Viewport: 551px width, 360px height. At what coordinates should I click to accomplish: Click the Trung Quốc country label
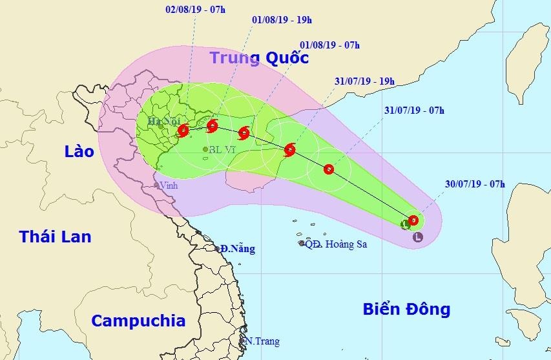259,58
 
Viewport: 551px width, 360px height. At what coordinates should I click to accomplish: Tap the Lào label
79,152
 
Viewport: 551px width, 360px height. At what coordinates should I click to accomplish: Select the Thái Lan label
55,237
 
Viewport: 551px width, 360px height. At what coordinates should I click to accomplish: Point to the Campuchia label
138,321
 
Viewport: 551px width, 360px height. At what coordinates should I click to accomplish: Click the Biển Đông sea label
405,310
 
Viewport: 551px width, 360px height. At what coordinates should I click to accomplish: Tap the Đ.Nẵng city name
237,248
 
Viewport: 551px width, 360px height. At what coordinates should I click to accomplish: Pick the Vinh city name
170,185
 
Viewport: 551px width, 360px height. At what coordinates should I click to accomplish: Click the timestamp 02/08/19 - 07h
191,11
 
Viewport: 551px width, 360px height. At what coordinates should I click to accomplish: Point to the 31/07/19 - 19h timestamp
365,81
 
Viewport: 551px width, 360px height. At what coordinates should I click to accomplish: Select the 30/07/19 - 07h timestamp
475,184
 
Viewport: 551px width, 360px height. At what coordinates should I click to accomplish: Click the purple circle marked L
418,237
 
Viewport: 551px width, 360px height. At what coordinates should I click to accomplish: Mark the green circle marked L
406,225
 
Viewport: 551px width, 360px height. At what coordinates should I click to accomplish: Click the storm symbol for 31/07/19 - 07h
329,169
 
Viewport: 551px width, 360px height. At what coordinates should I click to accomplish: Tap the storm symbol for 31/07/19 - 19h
289,150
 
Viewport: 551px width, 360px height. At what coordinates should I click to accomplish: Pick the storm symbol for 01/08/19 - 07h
244,133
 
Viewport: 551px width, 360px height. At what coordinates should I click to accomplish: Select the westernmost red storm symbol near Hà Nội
183,130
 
